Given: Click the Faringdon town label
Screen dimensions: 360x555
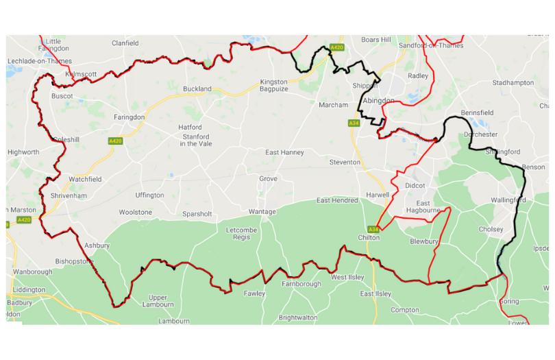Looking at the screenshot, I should (128, 117).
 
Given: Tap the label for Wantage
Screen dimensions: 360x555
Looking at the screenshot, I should (262, 212).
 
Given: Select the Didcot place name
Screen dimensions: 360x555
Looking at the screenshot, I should (415, 186).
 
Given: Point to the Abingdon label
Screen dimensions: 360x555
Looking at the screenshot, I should (378, 100).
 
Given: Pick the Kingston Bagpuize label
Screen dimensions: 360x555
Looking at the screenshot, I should (273, 86).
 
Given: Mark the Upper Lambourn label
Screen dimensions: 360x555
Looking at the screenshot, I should (158, 302).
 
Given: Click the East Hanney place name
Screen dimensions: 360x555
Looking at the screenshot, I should (284, 152).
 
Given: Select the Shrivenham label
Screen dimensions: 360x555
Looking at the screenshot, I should (69, 195).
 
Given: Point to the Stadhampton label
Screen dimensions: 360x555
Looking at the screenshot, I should (513, 83).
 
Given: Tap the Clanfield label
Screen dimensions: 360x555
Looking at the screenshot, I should (125, 43).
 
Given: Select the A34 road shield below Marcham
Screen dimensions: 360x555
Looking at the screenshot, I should (354, 123).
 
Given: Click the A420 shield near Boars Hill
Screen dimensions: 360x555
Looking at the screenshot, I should (336, 47).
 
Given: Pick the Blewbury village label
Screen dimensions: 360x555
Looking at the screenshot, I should (424, 241).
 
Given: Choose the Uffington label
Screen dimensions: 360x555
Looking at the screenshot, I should (149, 195).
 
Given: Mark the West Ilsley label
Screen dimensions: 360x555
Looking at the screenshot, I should (348, 278).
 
